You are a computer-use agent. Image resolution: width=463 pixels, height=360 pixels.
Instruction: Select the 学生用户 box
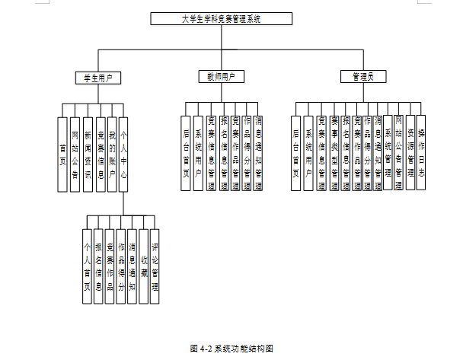[98, 78]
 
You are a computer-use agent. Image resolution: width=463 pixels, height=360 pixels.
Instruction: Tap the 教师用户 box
[221, 77]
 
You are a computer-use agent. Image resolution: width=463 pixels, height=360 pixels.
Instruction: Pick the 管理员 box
[357, 77]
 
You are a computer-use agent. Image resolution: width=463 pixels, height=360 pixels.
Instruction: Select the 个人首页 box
[88, 266]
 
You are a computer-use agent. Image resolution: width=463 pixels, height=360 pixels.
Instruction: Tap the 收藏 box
[143, 266]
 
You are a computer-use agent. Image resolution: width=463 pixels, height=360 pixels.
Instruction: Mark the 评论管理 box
[155, 266]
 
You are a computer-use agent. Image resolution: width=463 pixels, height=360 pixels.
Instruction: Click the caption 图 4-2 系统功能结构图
[231, 349]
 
